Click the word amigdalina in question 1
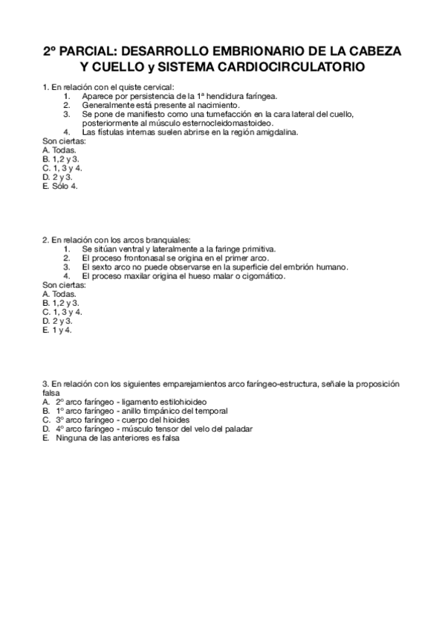click(x=273, y=132)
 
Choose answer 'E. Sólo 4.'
click(x=60, y=186)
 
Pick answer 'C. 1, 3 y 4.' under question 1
click(x=62, y=168)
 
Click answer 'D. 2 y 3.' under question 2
click(x=57, y=321)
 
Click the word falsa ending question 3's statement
click(x=52, y=393)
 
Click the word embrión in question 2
click(x=291, y=267)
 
